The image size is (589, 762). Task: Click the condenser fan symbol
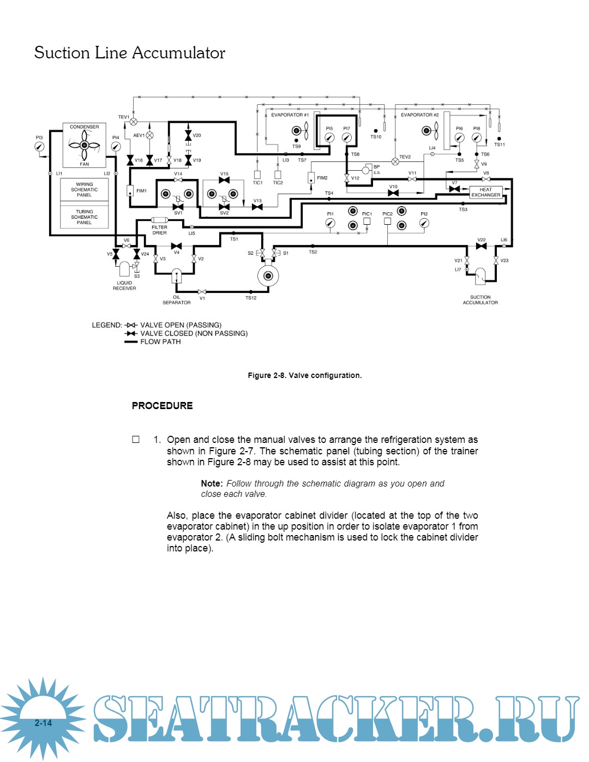point(85,145)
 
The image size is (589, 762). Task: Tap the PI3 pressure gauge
point(39,147)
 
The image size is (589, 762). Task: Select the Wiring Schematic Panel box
point(84,190)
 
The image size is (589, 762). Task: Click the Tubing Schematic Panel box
point(84,217)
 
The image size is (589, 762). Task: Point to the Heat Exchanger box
point(485,192)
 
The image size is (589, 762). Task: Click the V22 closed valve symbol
point(481,246)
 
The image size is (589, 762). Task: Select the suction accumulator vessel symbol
point(480,277)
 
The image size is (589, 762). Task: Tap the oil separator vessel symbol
point(176,276)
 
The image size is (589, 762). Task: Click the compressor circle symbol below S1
point(268,275)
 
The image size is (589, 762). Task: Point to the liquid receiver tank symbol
point(124,269)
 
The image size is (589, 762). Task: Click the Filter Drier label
point(159,230)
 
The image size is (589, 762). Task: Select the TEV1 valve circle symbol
point(134,122)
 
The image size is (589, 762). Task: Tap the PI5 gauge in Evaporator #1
point(329,138)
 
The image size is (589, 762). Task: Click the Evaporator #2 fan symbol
point(430,131)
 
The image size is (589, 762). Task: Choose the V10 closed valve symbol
point(393,193)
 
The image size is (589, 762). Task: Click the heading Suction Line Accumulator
point(130,53)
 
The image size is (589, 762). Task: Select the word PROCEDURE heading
point(162,406)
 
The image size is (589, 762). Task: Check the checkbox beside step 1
point(136,440)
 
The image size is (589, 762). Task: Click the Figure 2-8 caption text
point(304,375)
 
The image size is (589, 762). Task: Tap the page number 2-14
point(43,723)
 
